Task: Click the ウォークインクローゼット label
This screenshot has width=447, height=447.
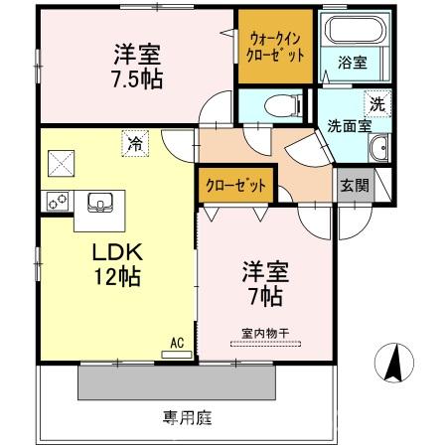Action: point(276,47)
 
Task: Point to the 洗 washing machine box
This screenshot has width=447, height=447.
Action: point(377,102)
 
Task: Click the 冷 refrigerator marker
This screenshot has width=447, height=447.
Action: point(134,143)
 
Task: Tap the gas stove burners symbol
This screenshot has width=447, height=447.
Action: point(56,202)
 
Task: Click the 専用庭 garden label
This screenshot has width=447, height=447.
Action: point(188,418)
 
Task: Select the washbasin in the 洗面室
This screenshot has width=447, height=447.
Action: point(378,150)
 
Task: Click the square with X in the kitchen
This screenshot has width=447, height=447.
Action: point(61,160)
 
